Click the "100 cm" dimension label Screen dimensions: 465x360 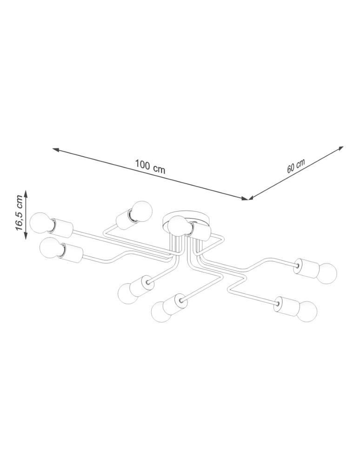coord(150,166)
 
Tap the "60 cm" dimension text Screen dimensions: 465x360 coord(296,166)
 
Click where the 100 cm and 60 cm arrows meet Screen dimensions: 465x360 coord(248,199)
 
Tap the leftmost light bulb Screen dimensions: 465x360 coord(40,222)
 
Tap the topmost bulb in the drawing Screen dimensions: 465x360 coord(142,211)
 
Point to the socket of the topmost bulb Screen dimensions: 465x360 coord(124,219)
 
